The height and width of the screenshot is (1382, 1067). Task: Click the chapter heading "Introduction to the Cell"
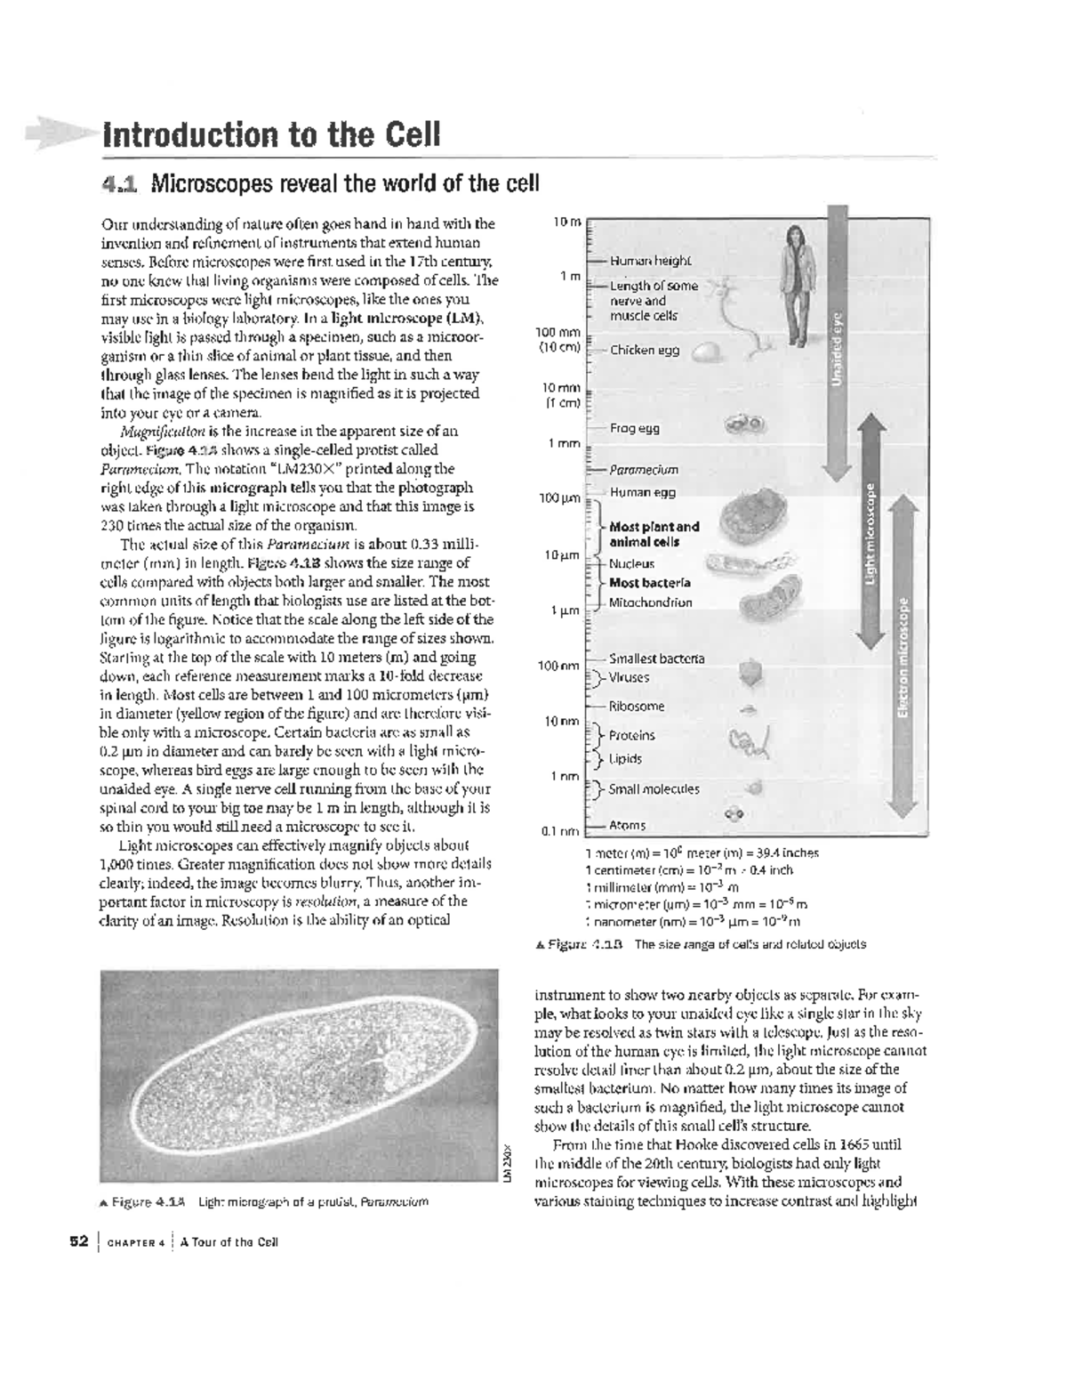(x=271, y=135)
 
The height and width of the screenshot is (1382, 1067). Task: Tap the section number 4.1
(x=120, y=184)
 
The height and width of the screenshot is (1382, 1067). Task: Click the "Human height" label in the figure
(x=650, y=261)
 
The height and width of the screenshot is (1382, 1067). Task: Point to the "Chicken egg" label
(x=644, y=351)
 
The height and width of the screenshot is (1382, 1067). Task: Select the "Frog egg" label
(x=634, y=428)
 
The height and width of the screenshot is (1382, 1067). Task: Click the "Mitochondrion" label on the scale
(x=650, y=602)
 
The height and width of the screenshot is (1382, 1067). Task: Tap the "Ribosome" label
(x=637, y=707)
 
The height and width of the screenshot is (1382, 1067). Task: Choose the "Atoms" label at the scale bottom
(x=628, y=826)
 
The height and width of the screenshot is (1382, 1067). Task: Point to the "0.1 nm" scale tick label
(x=560, y=832)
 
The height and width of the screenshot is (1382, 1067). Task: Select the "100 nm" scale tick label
(x=558, y=666)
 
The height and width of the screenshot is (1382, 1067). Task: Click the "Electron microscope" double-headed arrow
(x=903, y=654)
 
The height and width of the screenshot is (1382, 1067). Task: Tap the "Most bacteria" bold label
(x=649, y=583)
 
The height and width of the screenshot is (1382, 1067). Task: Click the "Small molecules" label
(x=654, y=789)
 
